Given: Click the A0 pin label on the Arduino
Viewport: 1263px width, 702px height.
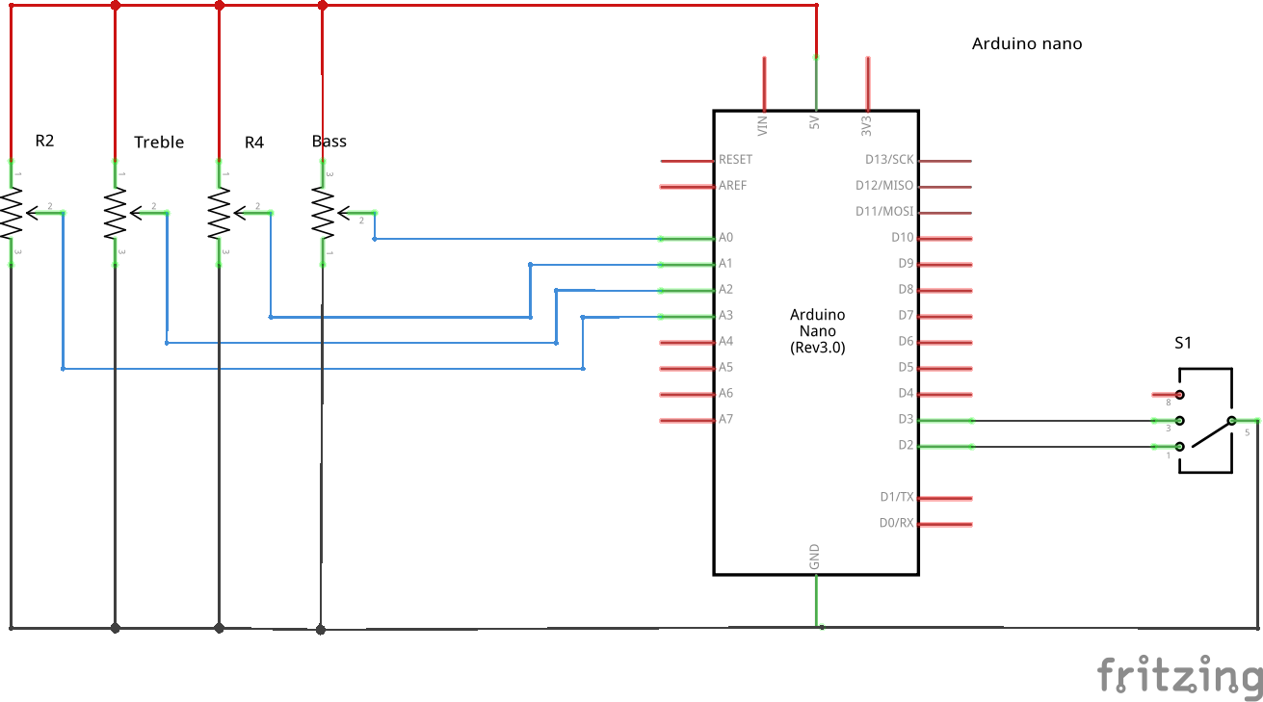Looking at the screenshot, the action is pos(725,238).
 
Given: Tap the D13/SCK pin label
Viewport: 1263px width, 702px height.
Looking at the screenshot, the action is pos(889,160).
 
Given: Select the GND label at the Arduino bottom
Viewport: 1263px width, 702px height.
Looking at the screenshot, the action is pos(814,557).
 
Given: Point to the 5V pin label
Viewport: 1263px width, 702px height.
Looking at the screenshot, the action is pos(814,122).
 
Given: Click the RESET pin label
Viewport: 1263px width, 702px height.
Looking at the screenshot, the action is pos(735,160).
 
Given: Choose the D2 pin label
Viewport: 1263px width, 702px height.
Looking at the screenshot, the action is pos(906,445).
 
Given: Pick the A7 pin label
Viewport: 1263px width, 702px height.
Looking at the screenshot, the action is pos(725,419).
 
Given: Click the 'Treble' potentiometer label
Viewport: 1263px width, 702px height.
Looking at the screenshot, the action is pos(159,142).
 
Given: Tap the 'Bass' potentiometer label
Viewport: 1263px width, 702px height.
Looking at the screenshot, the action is pos(329,142).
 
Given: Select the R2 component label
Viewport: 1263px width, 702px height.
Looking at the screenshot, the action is pos(44,141).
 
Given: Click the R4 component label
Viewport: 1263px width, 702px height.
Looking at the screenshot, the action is pos(254,143).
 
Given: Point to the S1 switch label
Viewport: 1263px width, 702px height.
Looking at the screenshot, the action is pos(1183,343).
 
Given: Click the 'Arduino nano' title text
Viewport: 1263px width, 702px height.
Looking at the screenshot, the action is pos(1027,44).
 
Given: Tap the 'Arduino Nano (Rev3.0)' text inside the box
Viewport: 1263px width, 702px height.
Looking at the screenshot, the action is pos(818,331).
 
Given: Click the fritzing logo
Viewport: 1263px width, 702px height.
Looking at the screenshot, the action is pos(1179,674).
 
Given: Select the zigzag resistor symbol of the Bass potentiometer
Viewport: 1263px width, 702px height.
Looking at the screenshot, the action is pos(323,213).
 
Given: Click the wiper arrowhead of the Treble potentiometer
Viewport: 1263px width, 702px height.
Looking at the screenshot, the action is pos(136,213).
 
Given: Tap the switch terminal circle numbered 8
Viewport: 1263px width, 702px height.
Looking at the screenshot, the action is pos(1179,395).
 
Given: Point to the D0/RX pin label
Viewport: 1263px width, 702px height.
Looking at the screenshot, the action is pos(897,523).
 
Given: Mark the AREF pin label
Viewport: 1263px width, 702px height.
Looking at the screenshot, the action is pos(732,185).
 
